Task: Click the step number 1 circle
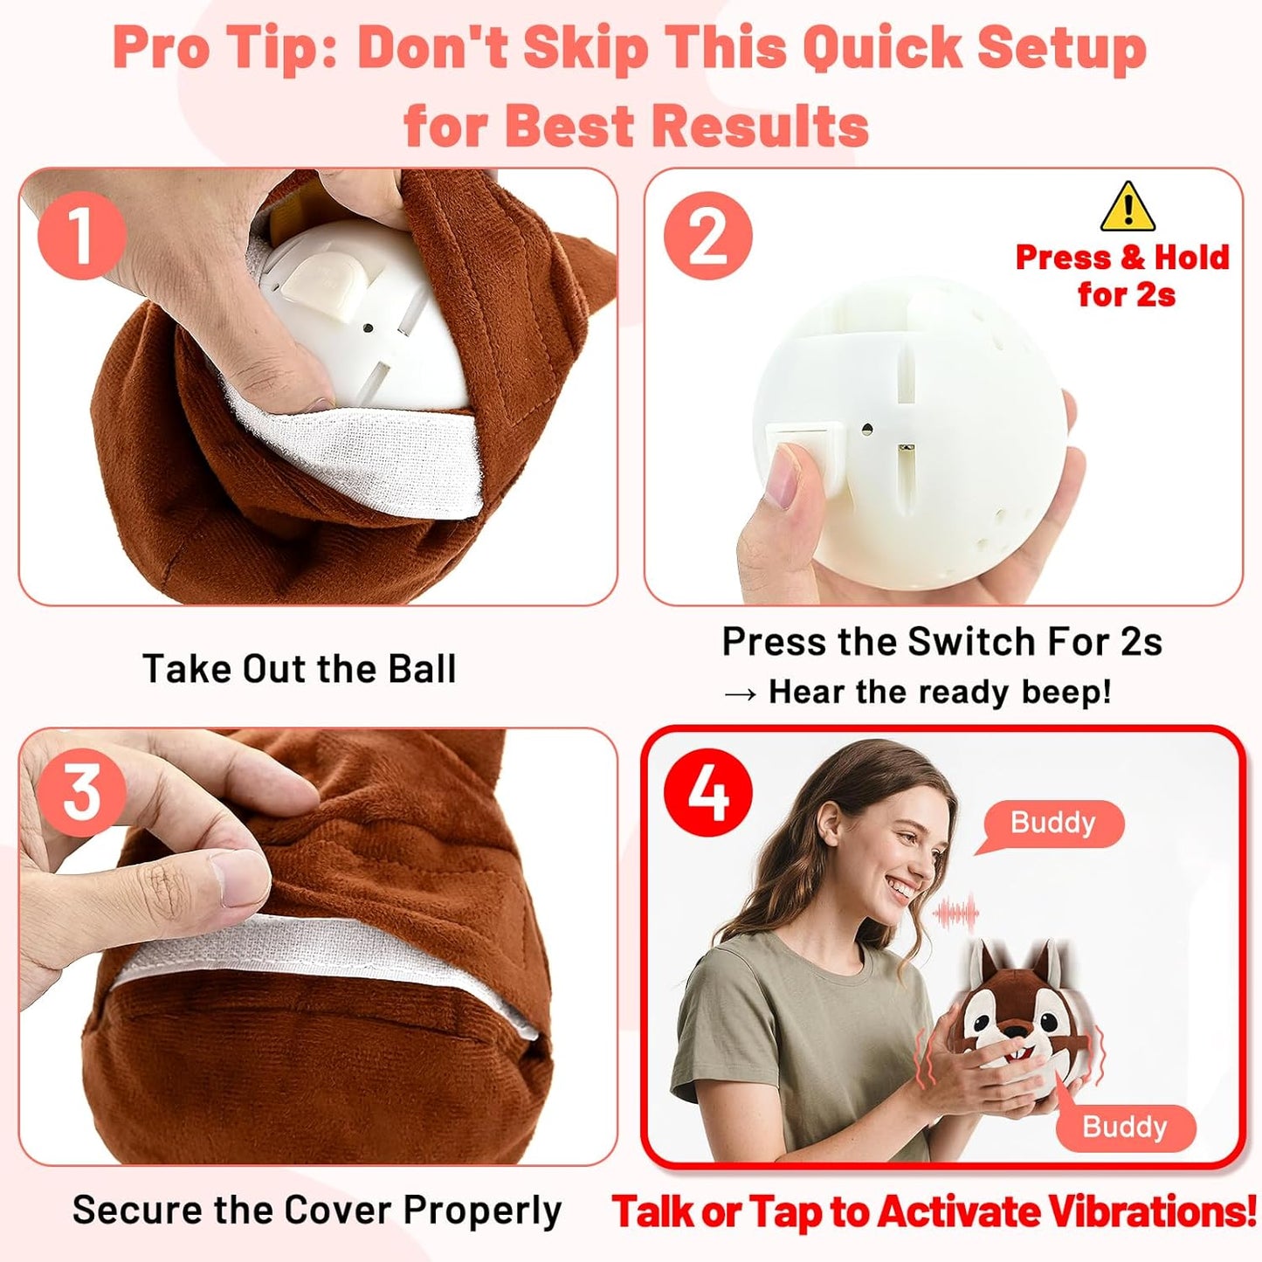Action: click(81, 236)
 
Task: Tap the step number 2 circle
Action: click(707, 236)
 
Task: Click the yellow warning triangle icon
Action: click(1128, 208)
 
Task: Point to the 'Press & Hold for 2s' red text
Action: click(1122, 275)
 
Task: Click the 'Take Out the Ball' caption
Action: click(299, 669)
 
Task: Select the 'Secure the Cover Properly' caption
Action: click(316, 1210)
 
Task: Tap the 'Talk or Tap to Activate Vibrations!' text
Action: click(933, 1211)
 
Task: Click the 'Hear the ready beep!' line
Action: click(939, 692)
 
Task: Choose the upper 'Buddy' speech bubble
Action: click(1052, 823)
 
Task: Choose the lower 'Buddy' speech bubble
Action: click(1124, 1126)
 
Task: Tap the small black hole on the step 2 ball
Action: click(866, 430)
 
